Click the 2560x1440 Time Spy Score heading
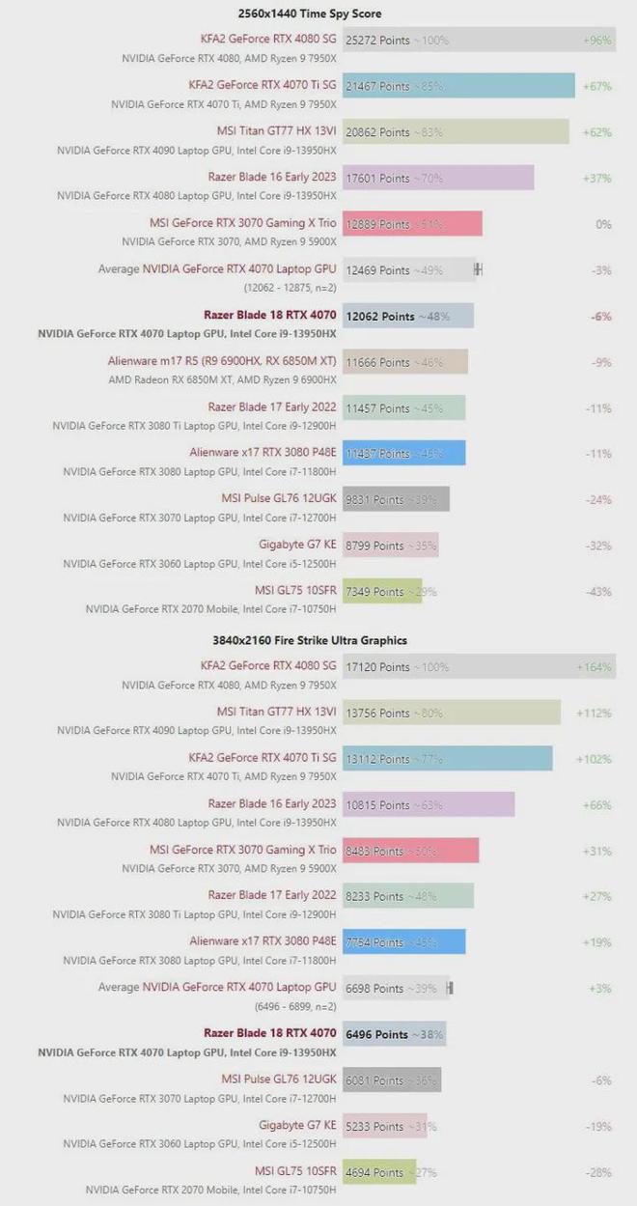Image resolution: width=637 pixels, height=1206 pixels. click(x=310, y=14)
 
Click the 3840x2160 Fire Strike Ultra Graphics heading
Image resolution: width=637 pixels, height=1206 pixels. click(x=310, y=640)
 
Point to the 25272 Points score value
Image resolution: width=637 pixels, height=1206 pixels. click(x=378, y=41)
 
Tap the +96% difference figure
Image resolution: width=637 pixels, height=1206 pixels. click(x=597, y=41)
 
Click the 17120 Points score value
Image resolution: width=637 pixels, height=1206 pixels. click(x=377, y=667)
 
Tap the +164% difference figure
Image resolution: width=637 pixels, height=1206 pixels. click(x=594, y=667)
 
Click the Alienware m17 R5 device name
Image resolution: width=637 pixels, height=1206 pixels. click(x=222, y=362)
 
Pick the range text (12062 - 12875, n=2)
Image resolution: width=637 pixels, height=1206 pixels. click(x=291, y=288)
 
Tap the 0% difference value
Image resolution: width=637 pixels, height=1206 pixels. click(x=603, y=224)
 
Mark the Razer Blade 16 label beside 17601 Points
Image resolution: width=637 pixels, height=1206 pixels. click(x=272, y=178)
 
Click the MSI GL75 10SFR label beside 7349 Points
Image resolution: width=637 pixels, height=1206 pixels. click(x=295, y=591)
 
